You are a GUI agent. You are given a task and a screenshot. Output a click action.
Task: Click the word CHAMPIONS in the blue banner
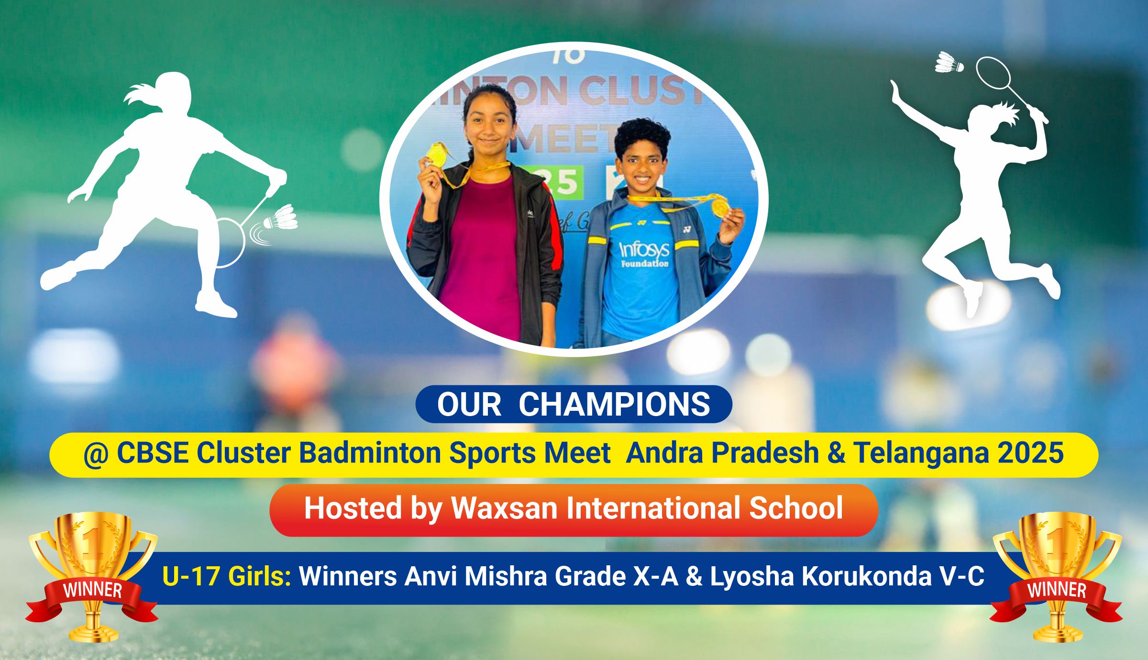pyautogui.click(x=614, y=405)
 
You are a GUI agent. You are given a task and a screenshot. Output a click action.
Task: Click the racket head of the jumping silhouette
pyautogui.click(x=993, y=73)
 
